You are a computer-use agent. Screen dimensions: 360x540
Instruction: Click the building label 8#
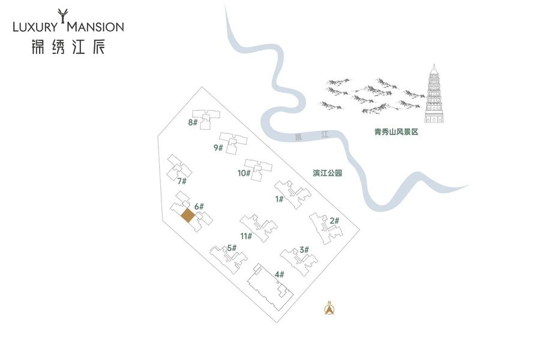coord(192,123)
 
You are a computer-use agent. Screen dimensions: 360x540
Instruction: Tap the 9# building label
coord(218,148)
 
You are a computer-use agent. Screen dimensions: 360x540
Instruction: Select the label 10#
coord(244,173)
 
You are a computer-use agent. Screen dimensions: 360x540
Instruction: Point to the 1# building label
coord(279,199)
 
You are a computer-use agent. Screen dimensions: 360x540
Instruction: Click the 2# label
coord(334,221)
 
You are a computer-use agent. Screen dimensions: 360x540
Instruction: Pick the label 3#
coord(304,250)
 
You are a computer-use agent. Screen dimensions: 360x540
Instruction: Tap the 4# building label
coord(279,275)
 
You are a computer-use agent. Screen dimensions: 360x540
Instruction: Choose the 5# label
coord(232,248)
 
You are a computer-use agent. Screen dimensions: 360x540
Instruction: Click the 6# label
coord(199,206)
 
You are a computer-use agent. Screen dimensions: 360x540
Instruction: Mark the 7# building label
coord(182,181)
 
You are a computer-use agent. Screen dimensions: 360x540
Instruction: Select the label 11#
coord(246,236)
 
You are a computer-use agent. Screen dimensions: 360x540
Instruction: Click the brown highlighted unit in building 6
coord(188,216)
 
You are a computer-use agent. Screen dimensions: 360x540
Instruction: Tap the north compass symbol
coord(329,308)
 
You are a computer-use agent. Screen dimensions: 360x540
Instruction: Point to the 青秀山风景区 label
coord(395,131)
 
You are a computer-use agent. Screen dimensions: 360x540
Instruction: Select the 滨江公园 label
coord(327,173)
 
